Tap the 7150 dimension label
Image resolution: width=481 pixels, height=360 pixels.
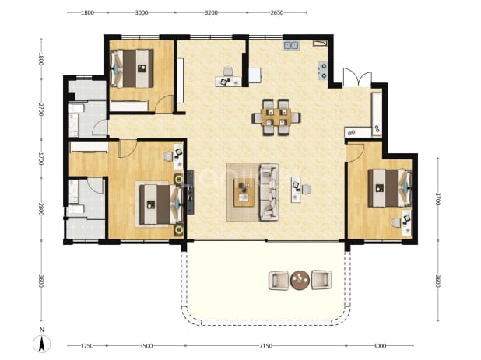click(x=265, y=346)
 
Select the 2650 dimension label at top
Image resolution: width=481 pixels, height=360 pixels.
click(x=277, y=13)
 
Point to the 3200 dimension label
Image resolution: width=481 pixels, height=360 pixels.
click(x=211, y=13)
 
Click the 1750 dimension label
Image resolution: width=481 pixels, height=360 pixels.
click(x=87, y=346)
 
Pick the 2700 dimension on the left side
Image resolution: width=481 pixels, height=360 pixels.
click(x=41, y=110)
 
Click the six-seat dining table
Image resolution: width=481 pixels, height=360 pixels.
click(x=276, y=117)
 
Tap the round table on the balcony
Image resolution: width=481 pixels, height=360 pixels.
click(x=300, y=280)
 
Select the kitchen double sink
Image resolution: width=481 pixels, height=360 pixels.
click(x=291, y=45)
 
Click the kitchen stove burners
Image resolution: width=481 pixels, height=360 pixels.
click(x=323, y=71)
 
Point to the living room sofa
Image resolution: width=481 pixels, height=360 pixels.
click(x=269, y=192)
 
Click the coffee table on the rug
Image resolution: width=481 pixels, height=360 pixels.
click(x=244, y=193)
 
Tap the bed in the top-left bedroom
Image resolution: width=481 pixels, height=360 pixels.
click(x=132, y=68)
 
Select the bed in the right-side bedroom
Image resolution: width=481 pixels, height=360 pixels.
click(x=390, y=188)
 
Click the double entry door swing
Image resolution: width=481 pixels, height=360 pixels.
click(x=356, y=77)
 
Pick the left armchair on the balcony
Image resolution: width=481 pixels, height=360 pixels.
click(x=279, y=280)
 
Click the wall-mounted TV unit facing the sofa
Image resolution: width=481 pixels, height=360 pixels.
click(x=191, y=192)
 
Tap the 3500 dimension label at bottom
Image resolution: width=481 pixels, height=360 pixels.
click(x=146, y=346)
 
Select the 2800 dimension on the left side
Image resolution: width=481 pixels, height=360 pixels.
click(x=41, y=209)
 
